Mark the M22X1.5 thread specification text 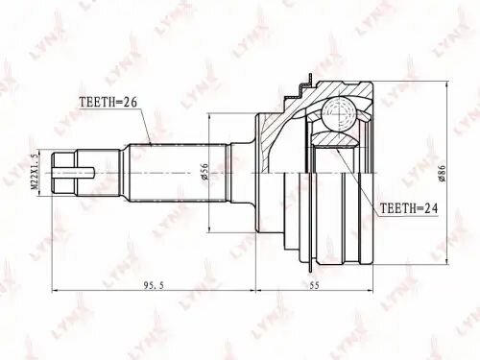(x=34, y=173)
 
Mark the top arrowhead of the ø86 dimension (x=444, y=84)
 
